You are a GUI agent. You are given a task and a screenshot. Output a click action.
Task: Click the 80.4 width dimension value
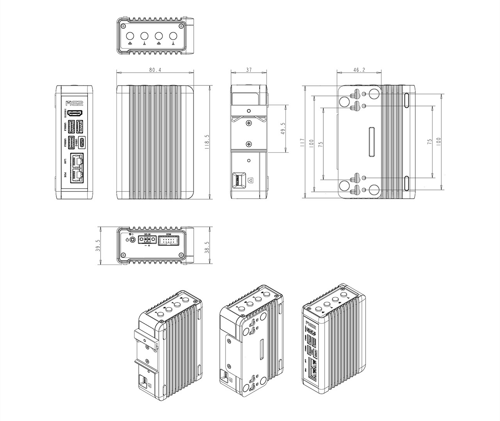[155, 70]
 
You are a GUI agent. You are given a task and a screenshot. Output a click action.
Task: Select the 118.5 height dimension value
[207, 142]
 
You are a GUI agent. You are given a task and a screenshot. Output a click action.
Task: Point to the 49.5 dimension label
[283, 129]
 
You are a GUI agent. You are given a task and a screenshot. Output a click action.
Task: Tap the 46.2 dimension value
[359, 70]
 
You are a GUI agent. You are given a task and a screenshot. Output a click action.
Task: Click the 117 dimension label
[302, 143]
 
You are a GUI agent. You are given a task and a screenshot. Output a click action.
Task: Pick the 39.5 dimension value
[98, 245]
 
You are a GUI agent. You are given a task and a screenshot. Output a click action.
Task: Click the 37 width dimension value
[249, 70]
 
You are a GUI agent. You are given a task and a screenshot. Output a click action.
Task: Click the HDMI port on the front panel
[75, 113]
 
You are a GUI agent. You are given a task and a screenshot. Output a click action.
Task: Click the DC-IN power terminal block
[148, 240]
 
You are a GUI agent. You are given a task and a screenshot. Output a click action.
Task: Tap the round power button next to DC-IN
[133, 240]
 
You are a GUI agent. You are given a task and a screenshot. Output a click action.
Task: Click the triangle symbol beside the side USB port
[250, 180]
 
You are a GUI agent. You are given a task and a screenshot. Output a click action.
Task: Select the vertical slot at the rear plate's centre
[372, 142]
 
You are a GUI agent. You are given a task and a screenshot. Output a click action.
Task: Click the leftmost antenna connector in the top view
[130, 36]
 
